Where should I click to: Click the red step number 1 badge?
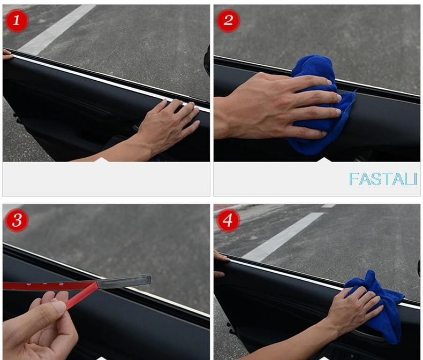coord(17,20)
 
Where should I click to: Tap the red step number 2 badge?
coord(228,20)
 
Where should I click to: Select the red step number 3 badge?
coord(17,220)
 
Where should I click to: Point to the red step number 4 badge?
coord(228,220)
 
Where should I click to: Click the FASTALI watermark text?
coord(383,179)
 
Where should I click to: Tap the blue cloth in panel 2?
coord(319,105)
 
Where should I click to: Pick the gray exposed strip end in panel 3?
coord(124,281)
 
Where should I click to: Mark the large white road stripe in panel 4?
coord(282,237)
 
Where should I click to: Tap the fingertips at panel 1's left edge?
coord(7,54)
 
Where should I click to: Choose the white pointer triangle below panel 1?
coord(101,160)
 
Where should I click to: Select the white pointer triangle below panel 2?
coord(324,160)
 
